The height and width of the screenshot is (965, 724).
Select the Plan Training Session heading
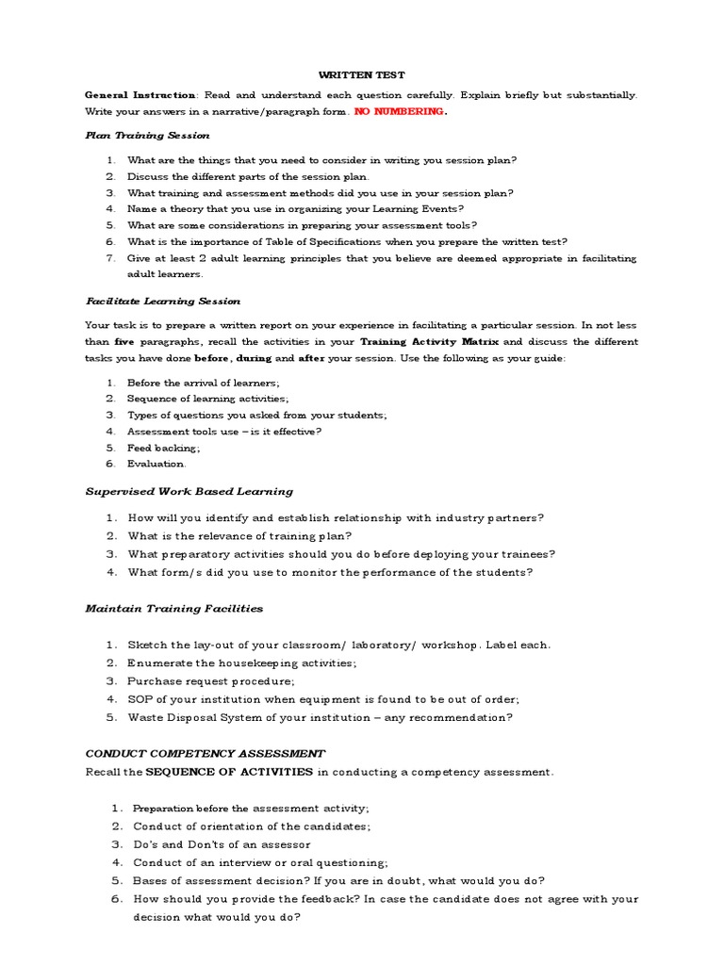(x=147, y=136)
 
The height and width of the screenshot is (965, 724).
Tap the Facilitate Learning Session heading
(x=163, y=301)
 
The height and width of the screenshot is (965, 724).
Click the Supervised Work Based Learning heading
(x=189, y=491)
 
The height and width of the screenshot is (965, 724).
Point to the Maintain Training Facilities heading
(x=173, y=609)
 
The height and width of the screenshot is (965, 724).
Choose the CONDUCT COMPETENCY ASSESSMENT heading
(x=205, y=754)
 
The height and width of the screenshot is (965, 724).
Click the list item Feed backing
(x=163, y=448)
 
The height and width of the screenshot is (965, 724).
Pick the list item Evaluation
(x=156, y=464)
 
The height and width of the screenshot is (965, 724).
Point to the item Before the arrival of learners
(x=203, y=383)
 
